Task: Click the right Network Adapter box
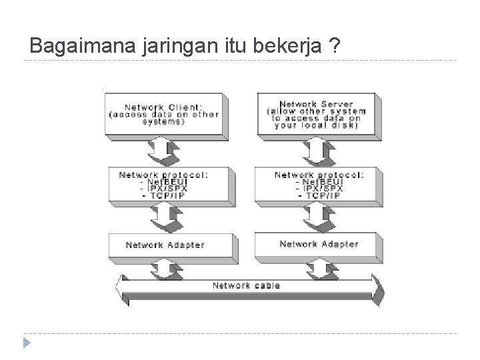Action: (317, 244)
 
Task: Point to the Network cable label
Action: (246, 285)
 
